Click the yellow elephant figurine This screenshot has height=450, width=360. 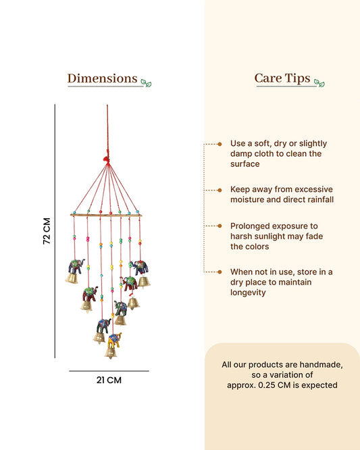pos(114,340)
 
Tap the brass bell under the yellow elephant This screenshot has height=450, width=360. pos(111,353)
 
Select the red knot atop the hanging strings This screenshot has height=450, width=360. pos(107,159)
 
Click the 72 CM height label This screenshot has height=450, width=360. pos(47,231)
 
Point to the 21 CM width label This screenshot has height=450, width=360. pos(109,380)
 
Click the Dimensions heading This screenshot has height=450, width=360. pos(103,78)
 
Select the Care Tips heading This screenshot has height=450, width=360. pos(282,78)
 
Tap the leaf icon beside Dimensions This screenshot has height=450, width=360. pos(146,83)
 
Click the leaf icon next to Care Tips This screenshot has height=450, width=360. pos(319,83)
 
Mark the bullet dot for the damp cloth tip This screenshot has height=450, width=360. pos(220,144)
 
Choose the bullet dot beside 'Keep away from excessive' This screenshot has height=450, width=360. pos(220,190)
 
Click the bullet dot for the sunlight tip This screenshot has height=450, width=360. pos(220,226)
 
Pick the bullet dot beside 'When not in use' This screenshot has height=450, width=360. pos(220,272)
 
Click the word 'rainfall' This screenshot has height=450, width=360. pos(320,199)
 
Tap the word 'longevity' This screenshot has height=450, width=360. pos(248,293)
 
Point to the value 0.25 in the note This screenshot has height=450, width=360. pos(267,385)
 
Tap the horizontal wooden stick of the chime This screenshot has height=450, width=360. pos(106,215)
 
